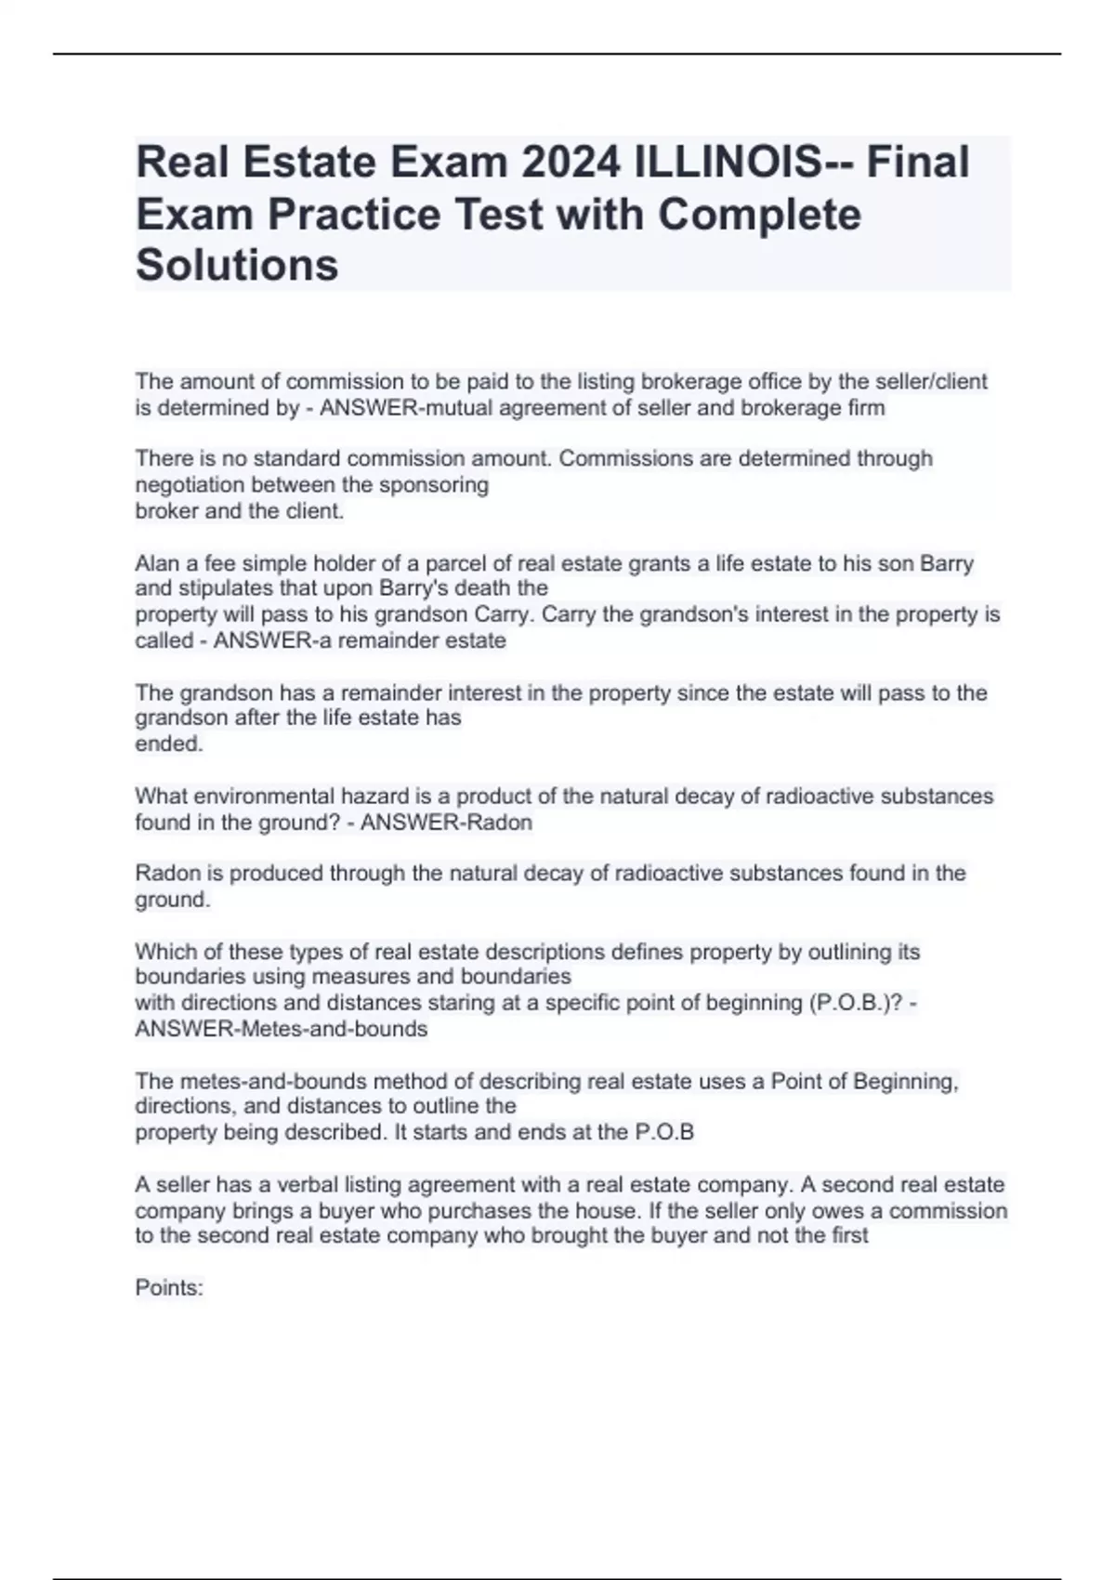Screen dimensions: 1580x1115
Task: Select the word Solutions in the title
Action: tap(237, 265)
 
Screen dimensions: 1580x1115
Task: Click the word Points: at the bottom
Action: tap(169, 1288)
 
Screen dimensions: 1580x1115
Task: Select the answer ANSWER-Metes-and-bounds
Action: tap(282, 1029)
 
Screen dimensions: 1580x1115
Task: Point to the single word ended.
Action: tap(169, 744)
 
